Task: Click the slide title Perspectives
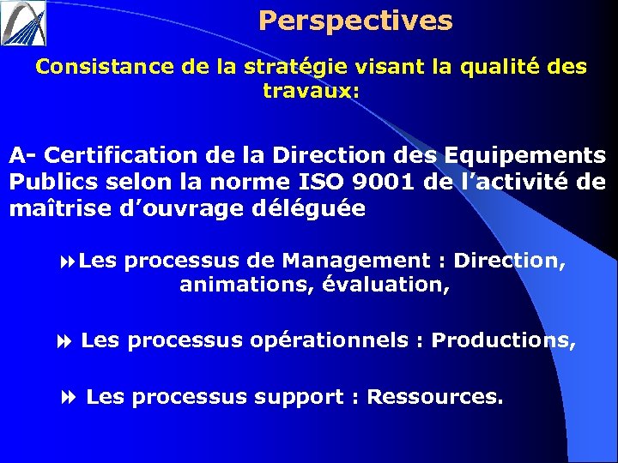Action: click(355, 21)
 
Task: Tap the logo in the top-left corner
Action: click(24, 23)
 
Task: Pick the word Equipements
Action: click(525, 156)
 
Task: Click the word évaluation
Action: click(385, 285)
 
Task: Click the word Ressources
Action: click(434, 398)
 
